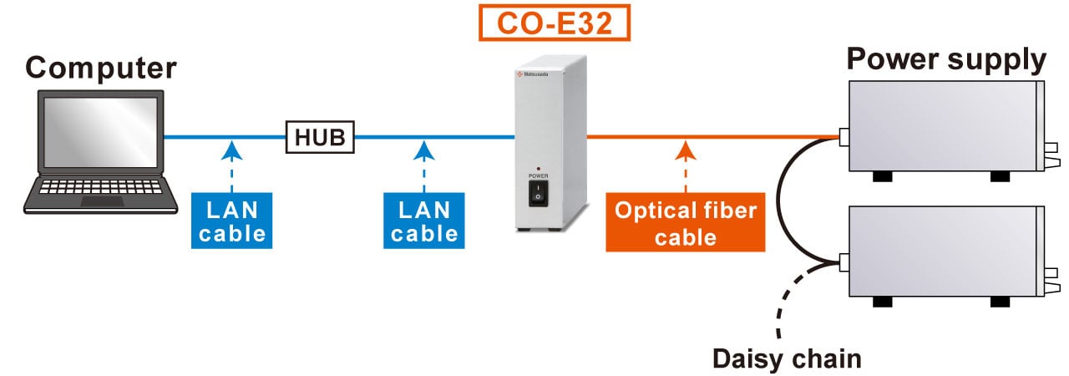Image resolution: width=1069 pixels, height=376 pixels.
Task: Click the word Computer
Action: tap(101, 68)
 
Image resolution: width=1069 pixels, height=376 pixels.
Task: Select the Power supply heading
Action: tap(946, 60)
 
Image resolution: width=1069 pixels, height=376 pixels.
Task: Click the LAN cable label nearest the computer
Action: tap(232, 221)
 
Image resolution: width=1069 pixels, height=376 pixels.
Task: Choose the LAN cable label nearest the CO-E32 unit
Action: tap(424, 221)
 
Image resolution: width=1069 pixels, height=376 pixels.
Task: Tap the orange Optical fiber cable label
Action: tap(685, 222)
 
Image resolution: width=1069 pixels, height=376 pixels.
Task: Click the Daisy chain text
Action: tap(786, 358)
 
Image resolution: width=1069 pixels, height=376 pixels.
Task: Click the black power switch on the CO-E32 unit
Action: tap(539, 194)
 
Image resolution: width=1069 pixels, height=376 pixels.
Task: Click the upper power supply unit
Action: tap(944, 125)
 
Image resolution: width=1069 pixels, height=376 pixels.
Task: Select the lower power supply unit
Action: tap(944, 251)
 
